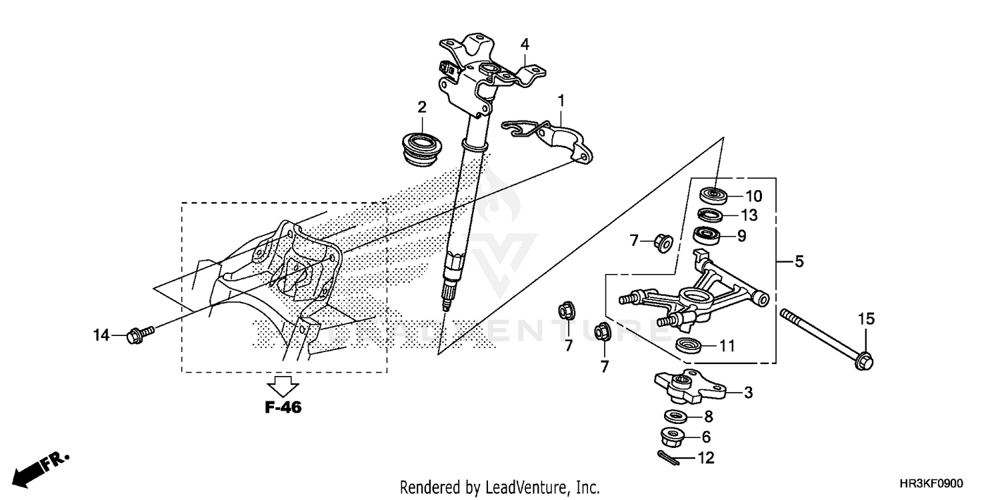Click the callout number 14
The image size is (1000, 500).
101,335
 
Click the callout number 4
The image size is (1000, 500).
525,45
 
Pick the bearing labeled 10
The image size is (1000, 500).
713,195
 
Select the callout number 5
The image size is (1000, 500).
799,262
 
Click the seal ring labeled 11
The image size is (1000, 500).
687,345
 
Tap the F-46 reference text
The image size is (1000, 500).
283,407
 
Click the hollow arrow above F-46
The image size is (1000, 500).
283,385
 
